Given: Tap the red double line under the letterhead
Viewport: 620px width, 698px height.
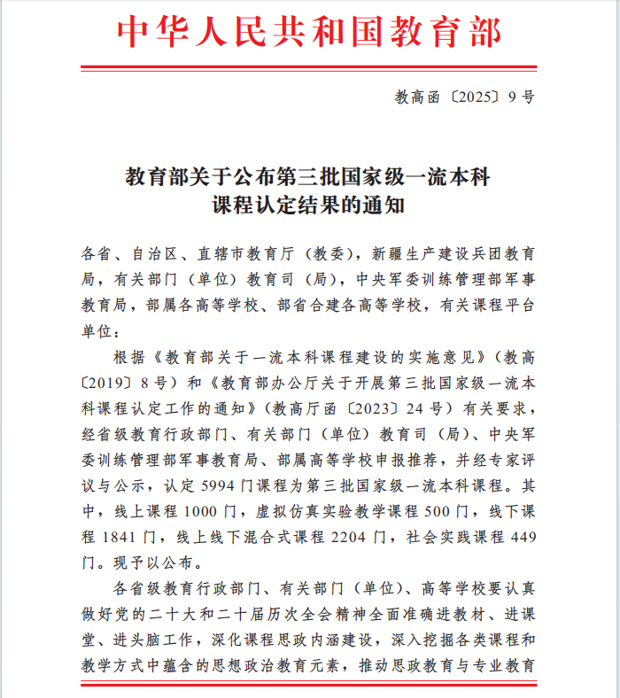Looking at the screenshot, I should click(309, 68).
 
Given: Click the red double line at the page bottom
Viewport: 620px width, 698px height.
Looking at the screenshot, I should click(309, 684).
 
